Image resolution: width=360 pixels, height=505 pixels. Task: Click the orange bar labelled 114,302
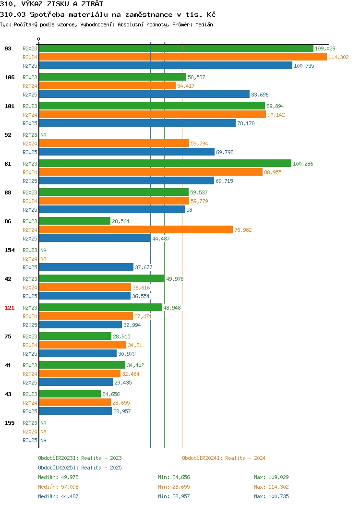183,57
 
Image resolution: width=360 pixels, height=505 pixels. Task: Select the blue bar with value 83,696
144,95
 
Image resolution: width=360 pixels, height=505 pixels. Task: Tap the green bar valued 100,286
165,164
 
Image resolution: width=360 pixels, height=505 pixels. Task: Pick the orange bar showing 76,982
136,229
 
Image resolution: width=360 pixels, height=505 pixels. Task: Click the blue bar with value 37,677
86,267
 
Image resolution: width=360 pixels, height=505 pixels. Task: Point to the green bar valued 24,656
70,394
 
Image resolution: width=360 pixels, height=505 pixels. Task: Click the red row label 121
9,308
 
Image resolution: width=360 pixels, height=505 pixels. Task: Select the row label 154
9,250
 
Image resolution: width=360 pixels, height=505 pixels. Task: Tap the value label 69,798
225,152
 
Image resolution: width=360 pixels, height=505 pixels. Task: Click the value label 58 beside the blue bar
189,210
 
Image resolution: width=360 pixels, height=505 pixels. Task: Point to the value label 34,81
135,345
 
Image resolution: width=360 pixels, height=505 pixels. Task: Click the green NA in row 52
44,135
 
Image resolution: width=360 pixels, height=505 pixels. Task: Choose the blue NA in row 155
44,440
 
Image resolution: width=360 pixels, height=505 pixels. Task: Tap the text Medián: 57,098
58,487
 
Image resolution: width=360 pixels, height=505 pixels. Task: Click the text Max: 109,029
272,477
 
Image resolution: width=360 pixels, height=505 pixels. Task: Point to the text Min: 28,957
174,496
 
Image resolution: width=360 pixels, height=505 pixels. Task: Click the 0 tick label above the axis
39,39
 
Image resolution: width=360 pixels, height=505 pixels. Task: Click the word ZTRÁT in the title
93,4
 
